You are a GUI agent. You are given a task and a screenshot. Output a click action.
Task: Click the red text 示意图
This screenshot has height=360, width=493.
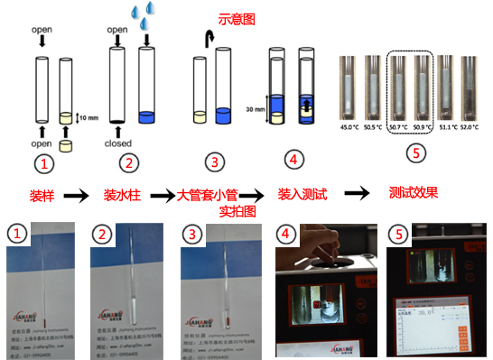click(x=238, y=18)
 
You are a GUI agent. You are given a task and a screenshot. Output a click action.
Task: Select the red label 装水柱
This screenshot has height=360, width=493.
click(x=123, y=193)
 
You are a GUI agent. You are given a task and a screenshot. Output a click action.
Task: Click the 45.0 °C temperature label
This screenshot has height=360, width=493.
click(x=349, y=128)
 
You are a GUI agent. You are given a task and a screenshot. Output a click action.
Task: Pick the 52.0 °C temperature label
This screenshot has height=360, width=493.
click(x=471, y=128)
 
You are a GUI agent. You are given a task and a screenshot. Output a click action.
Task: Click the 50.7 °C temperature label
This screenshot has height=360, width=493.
click(x=397, y=128)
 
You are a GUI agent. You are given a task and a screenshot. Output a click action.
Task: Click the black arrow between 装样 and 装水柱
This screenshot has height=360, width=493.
click(x=79, y=194)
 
